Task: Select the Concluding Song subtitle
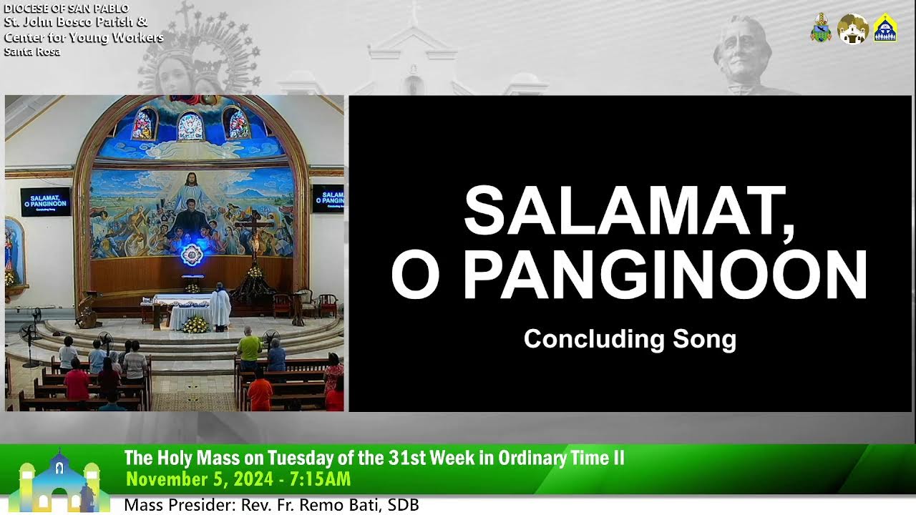point(630,339)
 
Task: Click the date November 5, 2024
point(200,479)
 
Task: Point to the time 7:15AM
point(320,479)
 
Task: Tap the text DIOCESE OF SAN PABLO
point(67,8)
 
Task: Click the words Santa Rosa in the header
point(32,52)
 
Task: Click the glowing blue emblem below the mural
point(192,254)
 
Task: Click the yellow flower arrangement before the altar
point(195,325)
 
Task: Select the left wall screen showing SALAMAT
point(45,202)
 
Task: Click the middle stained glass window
point(190,127)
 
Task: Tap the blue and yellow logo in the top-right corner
point(885,28)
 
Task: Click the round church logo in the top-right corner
point(852,29)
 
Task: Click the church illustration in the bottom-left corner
point(59,481)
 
